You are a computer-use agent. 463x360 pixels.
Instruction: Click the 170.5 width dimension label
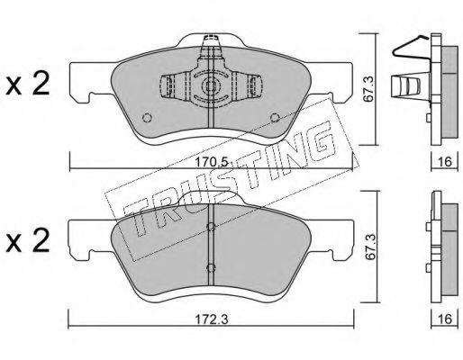212,163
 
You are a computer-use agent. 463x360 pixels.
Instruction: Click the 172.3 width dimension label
212,319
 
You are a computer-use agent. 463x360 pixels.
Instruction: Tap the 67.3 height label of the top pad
368,89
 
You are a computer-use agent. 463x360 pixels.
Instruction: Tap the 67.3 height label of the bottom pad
368,246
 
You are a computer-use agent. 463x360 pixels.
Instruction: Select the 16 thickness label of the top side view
445,162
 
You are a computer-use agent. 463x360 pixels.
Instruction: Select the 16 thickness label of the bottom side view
445,319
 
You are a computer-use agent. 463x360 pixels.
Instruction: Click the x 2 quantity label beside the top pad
28,85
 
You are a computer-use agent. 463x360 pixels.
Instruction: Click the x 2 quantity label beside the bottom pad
28,241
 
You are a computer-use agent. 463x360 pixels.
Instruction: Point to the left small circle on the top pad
147,118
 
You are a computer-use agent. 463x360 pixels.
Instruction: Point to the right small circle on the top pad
275,118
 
